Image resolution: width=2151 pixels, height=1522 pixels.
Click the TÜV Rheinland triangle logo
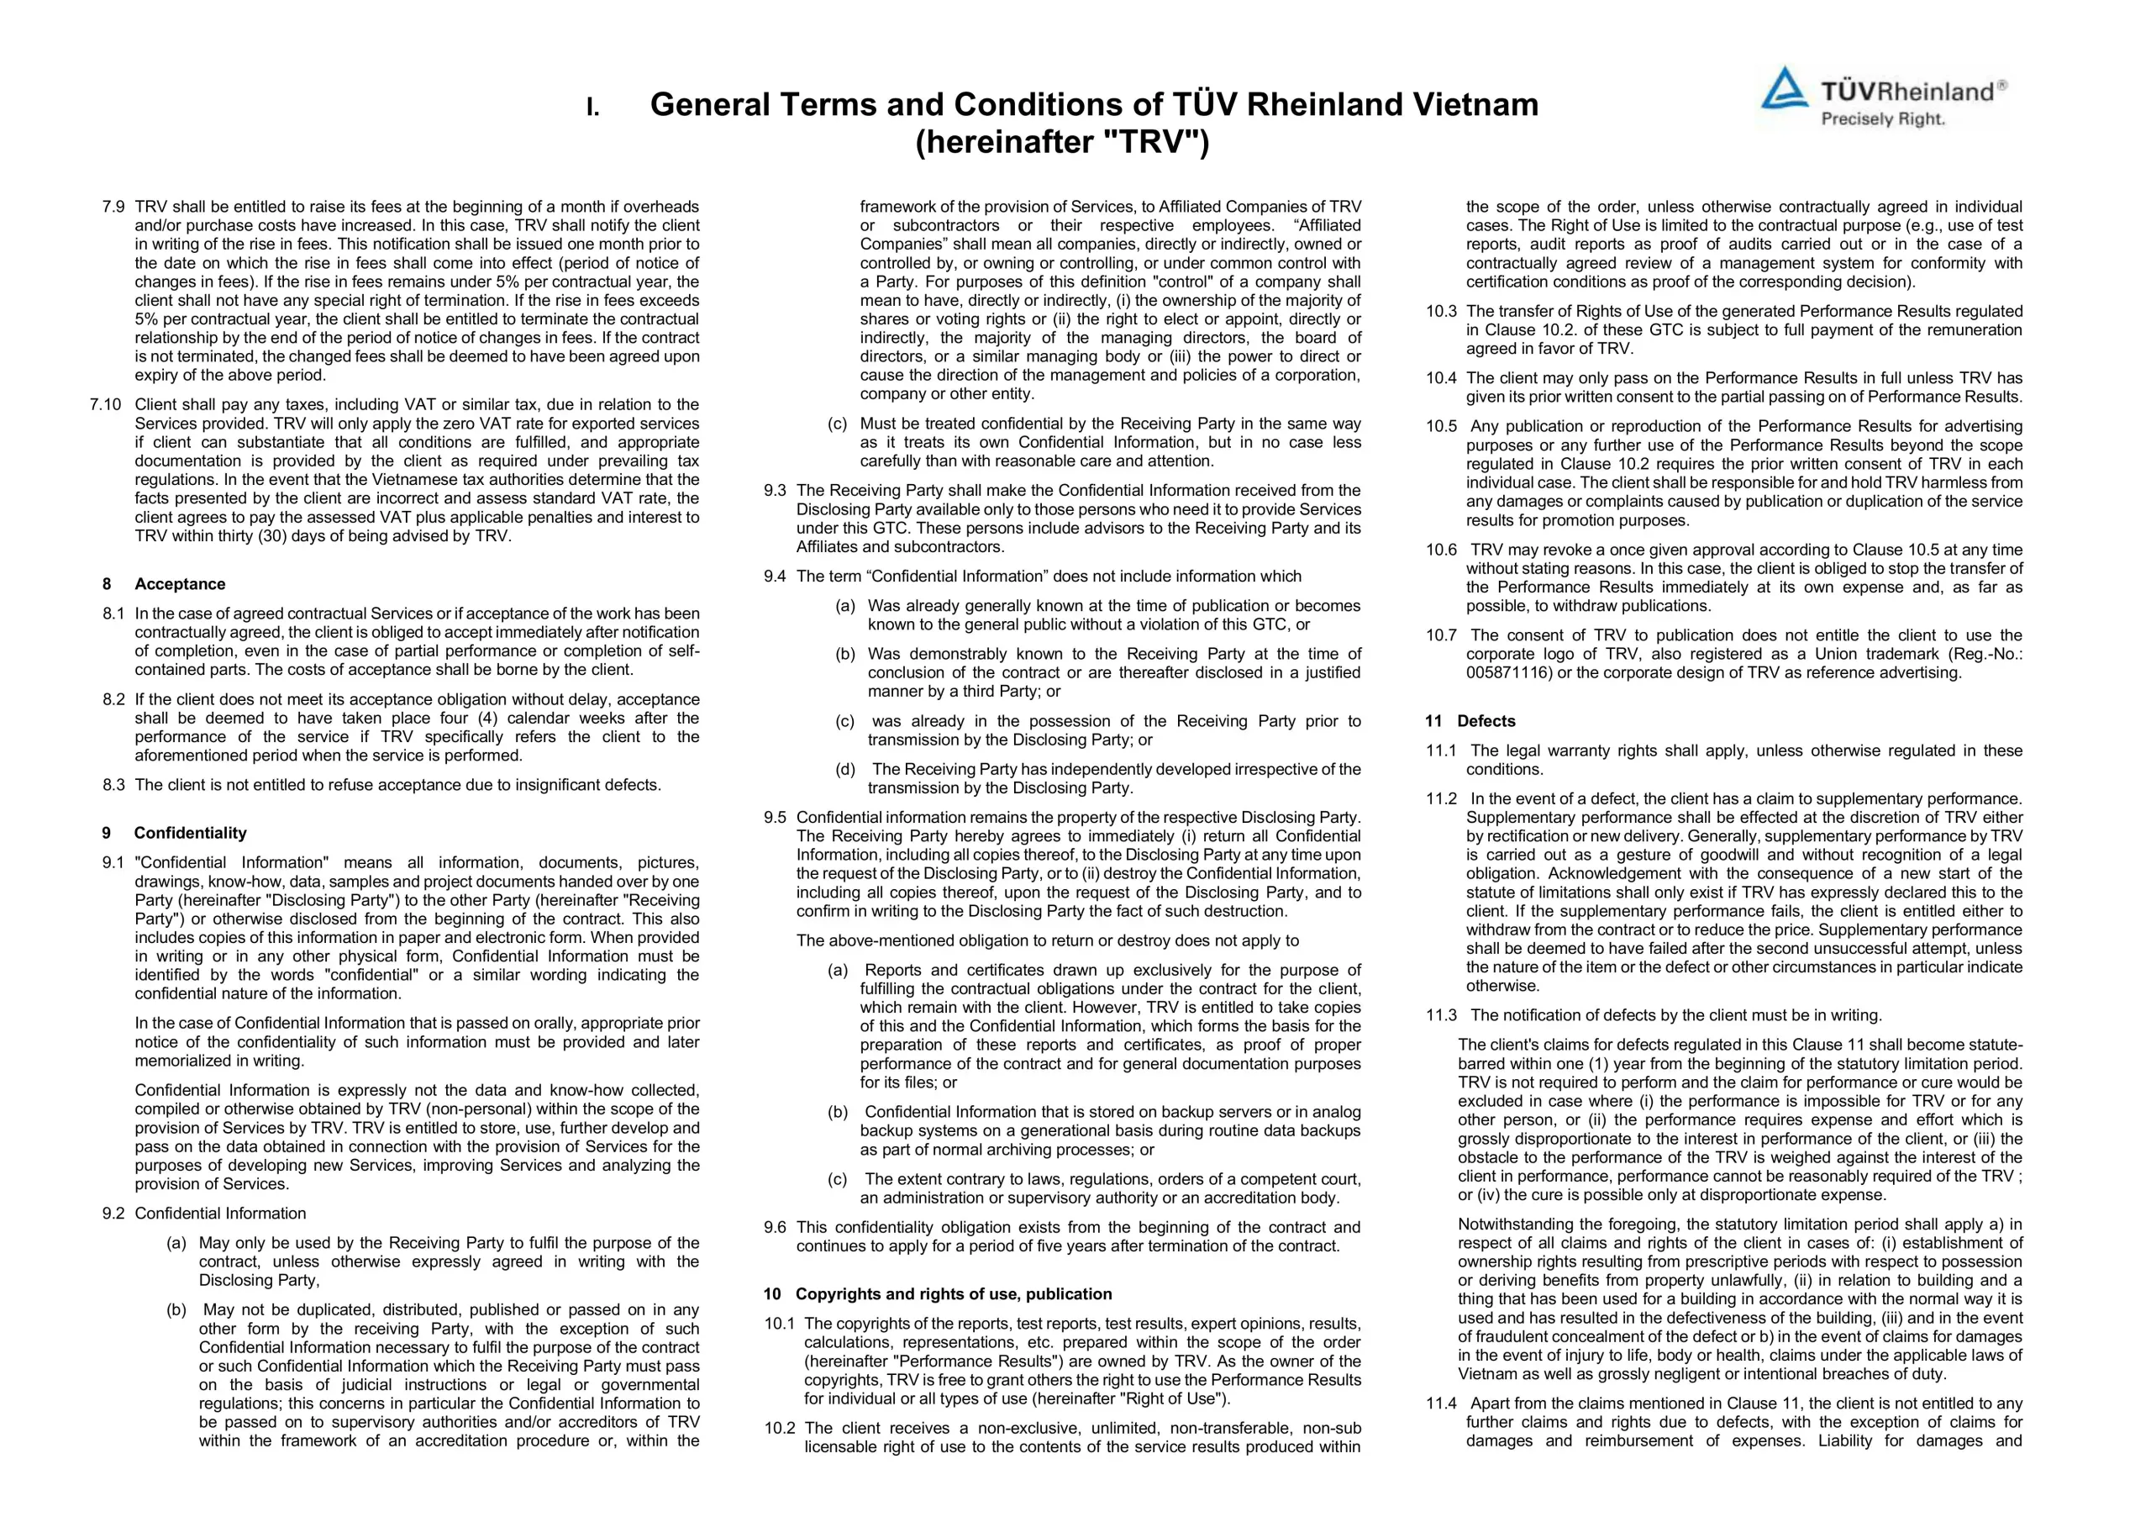tap(1785, 89)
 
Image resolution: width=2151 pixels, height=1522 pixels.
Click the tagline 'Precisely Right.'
tap(1882, 119)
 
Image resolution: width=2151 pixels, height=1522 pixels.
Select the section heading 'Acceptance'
tap(180, 584)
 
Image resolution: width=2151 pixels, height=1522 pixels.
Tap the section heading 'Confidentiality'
tap(190, 833)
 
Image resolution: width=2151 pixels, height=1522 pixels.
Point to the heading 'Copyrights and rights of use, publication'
tap(954, 1294)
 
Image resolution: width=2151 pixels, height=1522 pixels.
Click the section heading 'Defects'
tap(1486, 721)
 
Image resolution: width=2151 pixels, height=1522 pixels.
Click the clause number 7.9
tap(113, 207)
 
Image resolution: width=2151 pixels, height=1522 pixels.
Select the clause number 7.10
tap(106, 405)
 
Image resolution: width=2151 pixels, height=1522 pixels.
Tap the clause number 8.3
tap(113, 785)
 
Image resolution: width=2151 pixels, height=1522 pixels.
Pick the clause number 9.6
tap(775, 1228)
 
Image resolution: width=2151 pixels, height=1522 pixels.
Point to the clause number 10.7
tap(1442, 635)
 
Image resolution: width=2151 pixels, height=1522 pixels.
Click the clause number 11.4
tap(1442, 1404)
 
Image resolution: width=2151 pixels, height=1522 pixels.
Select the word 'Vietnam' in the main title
tap(1475, 104)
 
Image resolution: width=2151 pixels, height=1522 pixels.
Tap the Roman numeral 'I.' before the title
tap(593, 107)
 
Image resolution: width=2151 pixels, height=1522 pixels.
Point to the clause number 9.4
tap(775, 577)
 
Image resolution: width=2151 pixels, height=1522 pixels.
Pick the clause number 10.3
tap(1442, 311)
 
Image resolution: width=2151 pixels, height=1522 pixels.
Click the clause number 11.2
tap(1442, 799)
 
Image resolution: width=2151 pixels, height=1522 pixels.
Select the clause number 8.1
tap(113, 614)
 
